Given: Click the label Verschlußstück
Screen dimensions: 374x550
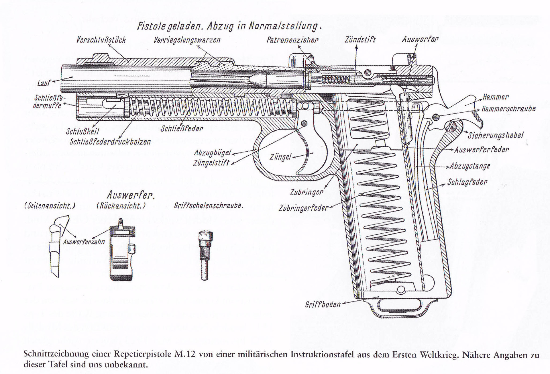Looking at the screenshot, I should [101, 40].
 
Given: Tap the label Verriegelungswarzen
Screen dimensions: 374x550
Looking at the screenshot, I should [187, 40].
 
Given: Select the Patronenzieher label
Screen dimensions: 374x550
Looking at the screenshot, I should [292, 40].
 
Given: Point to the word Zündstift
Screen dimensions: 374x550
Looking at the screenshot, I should [360, 40].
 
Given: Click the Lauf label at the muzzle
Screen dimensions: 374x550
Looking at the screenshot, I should [44, 83].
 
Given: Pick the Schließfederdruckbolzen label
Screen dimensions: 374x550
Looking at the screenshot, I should [110, 142].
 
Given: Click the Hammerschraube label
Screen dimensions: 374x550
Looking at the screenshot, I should [508, 109].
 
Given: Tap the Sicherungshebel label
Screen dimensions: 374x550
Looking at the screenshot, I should [496, 135].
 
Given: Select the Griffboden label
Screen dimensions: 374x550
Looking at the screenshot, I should [323, 304].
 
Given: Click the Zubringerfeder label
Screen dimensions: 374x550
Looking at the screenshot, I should [303, 208].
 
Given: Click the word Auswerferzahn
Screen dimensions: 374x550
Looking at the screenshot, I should [84, 242].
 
